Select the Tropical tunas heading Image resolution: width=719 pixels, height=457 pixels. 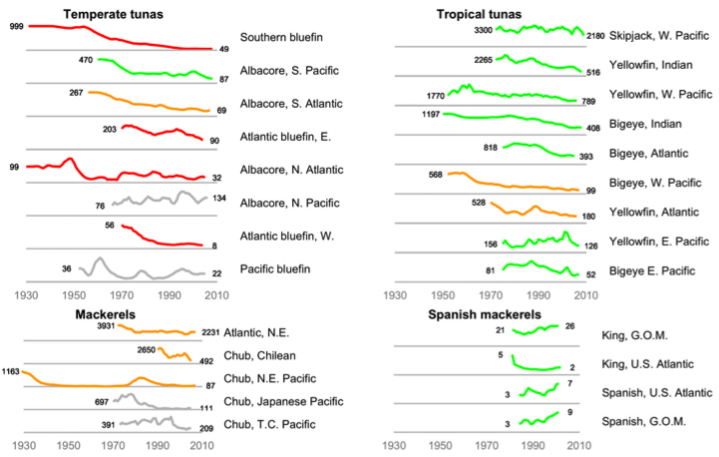[x=479, y=14]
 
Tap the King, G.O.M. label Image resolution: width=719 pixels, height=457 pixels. [x=633, y=335]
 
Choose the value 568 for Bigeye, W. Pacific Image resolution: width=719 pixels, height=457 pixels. [x=435, y=174]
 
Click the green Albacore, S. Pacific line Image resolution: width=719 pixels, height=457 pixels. [x=150, y=72]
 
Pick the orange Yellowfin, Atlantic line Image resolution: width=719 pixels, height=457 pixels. [x=539, y=209]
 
